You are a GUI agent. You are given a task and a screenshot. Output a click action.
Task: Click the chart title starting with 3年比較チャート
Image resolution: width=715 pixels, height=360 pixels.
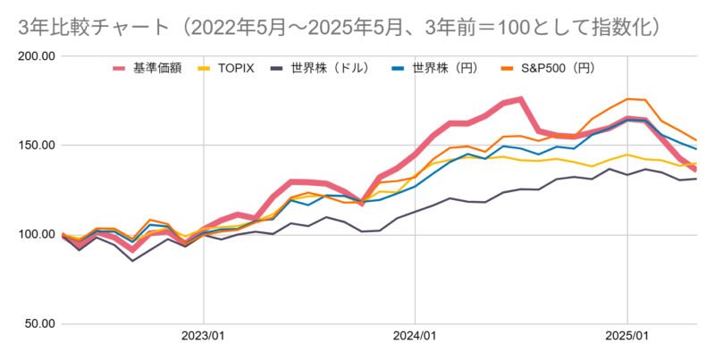[x=340, y=27]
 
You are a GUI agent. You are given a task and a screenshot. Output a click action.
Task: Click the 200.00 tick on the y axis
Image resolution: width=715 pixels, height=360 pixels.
[x=37, y=56]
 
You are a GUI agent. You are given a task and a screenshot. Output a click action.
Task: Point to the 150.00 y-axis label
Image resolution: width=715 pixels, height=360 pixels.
[x=37, y=146]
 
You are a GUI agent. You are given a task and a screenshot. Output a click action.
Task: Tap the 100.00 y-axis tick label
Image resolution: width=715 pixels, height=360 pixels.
[x=37, y=235]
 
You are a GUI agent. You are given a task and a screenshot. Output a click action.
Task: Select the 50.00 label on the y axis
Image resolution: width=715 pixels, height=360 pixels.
[x=39, y=323]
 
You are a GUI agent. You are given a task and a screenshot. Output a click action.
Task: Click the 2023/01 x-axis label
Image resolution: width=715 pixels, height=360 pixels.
[x=204, y=339]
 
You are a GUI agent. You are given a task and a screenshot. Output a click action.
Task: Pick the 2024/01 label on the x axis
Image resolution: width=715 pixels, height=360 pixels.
[x=416, y=339]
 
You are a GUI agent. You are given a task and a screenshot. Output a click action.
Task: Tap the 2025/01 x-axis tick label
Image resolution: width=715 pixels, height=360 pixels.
[x=627, y=339]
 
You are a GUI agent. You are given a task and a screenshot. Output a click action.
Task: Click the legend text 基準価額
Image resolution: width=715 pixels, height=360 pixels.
[x=157, y=68]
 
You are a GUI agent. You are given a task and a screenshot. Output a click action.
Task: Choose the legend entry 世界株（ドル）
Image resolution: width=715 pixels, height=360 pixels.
[x=336, y=68]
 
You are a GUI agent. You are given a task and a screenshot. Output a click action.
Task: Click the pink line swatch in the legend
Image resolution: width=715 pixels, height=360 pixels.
[x=121, y=68]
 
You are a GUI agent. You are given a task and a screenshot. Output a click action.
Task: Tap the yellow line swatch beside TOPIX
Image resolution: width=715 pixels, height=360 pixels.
[x=205, y=68]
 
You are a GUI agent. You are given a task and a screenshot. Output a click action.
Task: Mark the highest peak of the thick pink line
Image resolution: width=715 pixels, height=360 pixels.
[x=520, y=99]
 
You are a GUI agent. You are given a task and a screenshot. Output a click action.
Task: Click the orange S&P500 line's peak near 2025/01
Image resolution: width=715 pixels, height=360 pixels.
[x=627, y=99]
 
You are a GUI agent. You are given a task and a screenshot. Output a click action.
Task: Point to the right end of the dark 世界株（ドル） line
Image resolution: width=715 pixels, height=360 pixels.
[x=696, y=179]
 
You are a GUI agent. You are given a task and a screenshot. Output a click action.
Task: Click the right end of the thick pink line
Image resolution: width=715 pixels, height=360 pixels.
[x=696, y=170]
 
